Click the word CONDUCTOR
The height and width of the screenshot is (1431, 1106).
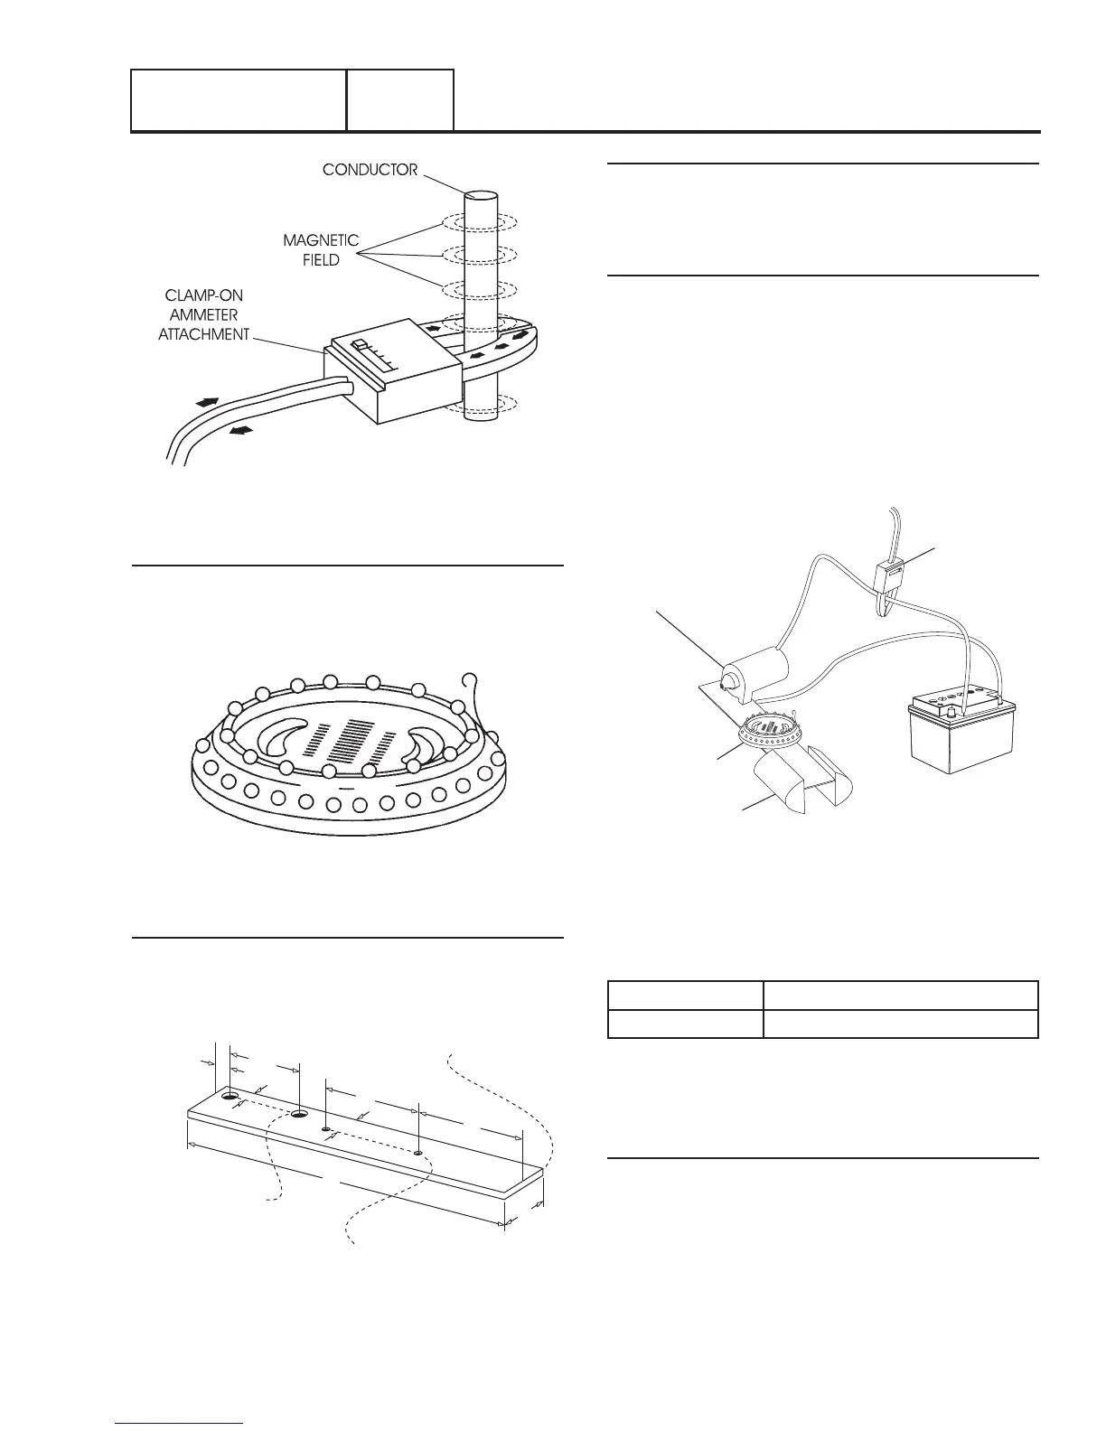(370, 170)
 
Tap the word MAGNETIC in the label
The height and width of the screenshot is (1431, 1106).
(321, 241)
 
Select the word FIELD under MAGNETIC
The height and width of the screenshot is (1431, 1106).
(321, 260)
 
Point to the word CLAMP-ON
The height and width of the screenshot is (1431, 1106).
(203, 296)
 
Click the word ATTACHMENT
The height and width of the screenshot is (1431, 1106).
(203, 334)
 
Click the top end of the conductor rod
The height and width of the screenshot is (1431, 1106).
(481, 196)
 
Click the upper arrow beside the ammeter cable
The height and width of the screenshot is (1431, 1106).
(206, 401)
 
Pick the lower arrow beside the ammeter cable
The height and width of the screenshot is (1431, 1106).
(241, 431)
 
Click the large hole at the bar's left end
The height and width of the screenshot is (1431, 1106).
(231, 1097)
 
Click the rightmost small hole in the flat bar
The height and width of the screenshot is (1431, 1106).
(417, 1153)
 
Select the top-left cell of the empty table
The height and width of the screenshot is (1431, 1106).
(685, 996)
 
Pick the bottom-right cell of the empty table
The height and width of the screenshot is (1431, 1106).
(900, 1024)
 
